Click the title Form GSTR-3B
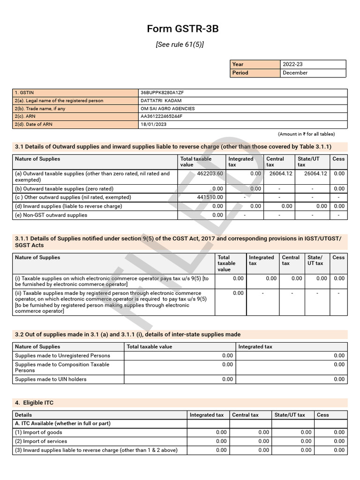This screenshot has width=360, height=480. (x=182, y=29)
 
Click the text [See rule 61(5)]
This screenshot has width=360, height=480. (x=180, y=45)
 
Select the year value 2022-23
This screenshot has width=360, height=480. (x=293, y=64)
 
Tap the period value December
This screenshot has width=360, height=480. (x=295, y=73)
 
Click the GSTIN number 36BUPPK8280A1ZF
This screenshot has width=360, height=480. (x=162, y=93)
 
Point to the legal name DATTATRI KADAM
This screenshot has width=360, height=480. (x=161, y=101)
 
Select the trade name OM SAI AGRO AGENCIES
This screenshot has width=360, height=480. (x=167, y=109)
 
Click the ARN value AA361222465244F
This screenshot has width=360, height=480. (x=161, y=116)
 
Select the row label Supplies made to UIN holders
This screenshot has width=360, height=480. (x=51, y=379)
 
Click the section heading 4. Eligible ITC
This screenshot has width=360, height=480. (x=37, y=403)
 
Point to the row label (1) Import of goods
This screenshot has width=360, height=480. (x=38, y=432)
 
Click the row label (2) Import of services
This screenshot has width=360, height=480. (x=41, y=441)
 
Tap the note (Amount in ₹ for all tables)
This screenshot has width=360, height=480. (x=306, y=134)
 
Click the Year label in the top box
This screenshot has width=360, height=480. (x=238, y=64)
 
